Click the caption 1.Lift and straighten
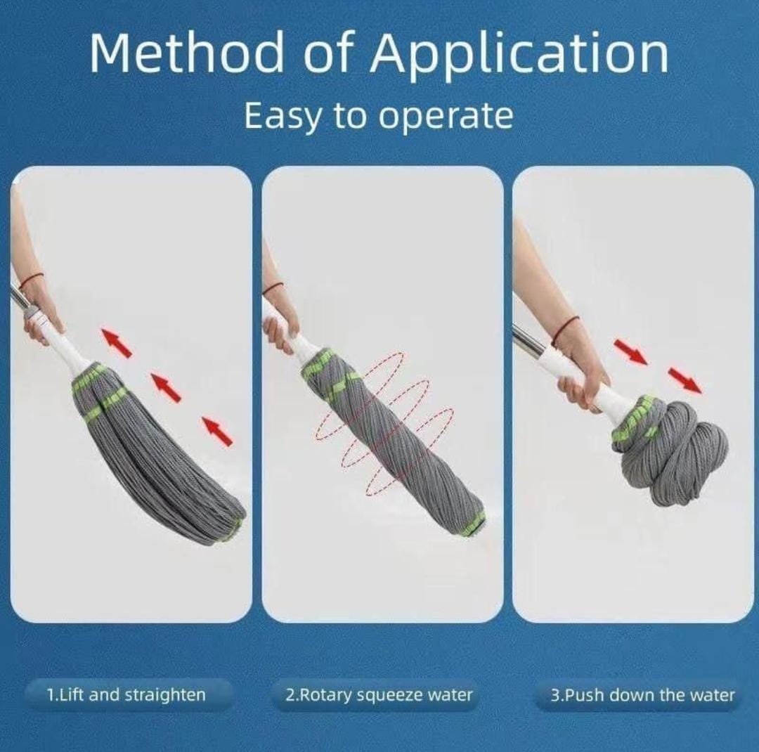pos(126,695)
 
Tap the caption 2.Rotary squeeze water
pos(379,695)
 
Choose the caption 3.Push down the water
pos(642,695)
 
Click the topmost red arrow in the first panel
pos(116,343)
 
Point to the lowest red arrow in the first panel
pos(217,431)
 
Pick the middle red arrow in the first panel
pos(166,387)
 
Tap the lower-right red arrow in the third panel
pos(685,380)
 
